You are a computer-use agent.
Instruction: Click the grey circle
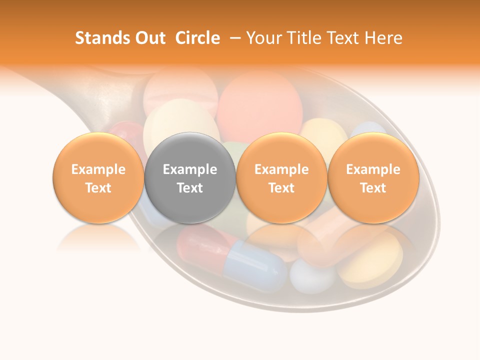coord(190,178)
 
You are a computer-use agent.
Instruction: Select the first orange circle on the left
coord(98,178)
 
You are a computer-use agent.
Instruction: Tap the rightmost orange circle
coord(373,178)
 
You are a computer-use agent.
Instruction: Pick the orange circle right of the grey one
coord(281,178)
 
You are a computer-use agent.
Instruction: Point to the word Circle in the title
coord(197,38)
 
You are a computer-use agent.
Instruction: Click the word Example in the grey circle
coord(190,169)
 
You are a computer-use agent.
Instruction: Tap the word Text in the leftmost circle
coord(98,188)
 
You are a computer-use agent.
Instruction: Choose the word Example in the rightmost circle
coord(373,169)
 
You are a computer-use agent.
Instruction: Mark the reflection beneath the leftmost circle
coord(98,239)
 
